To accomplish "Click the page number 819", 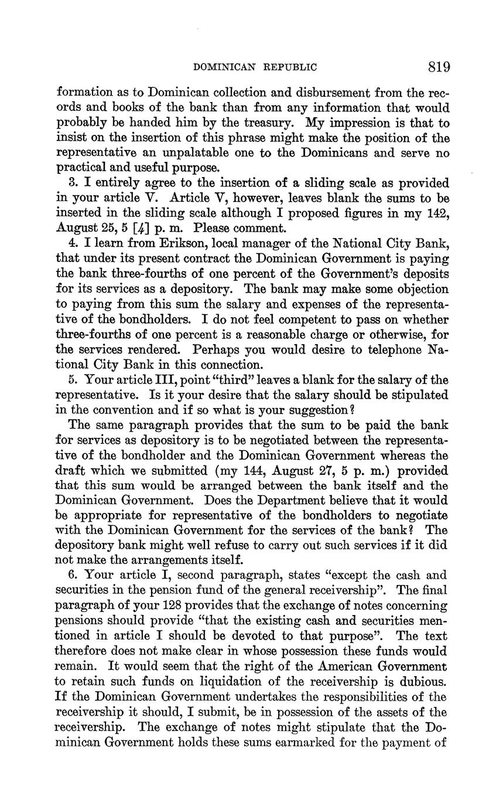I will (x=438, y=67).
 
